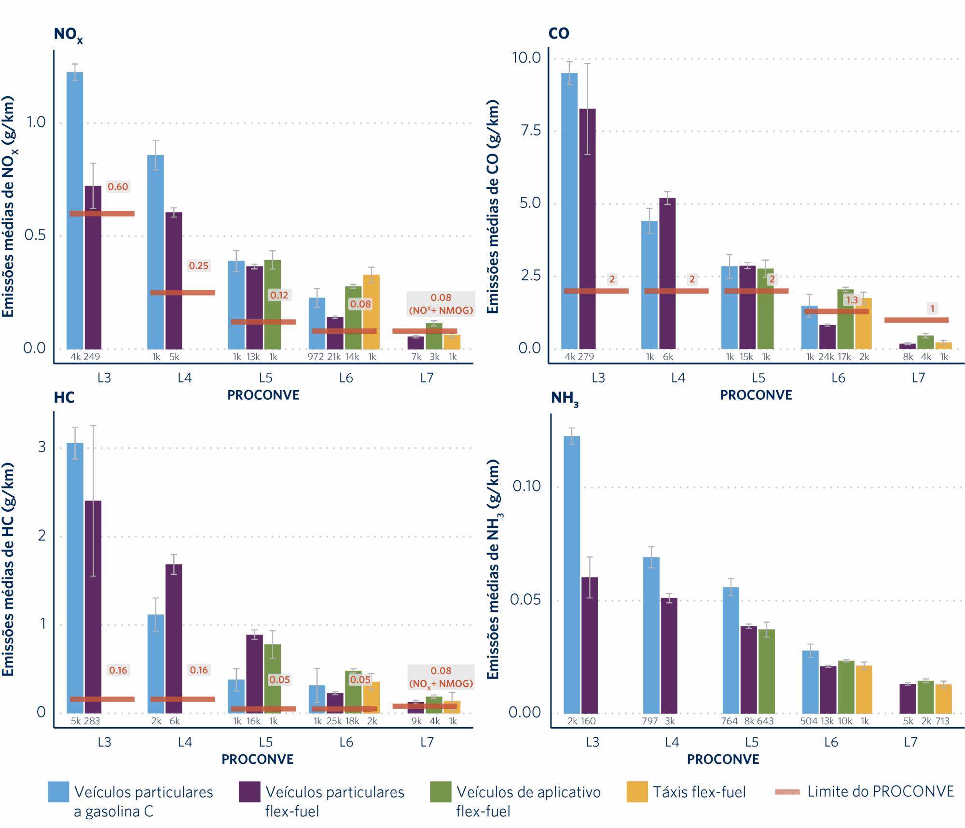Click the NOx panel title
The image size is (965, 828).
coord(68,35)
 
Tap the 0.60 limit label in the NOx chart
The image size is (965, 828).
coord(118,187)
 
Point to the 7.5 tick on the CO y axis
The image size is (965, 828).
coord(531,130)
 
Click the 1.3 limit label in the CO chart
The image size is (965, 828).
coord(852,300)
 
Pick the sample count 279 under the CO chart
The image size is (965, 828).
coord(586,357)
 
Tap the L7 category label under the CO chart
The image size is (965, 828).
coord(918,378)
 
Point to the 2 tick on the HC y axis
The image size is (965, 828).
coord(42,535)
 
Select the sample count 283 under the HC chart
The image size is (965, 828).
coord(92,721)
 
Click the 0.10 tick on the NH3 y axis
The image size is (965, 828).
coord(526,486)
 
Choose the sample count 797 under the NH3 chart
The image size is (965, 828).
coord(650,721)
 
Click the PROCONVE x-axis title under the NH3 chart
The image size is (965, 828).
coord(723,760)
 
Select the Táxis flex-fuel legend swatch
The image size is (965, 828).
coord(637,792)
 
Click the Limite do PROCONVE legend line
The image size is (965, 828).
coord(787,792)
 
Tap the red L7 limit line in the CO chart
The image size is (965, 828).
coord(916,320)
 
